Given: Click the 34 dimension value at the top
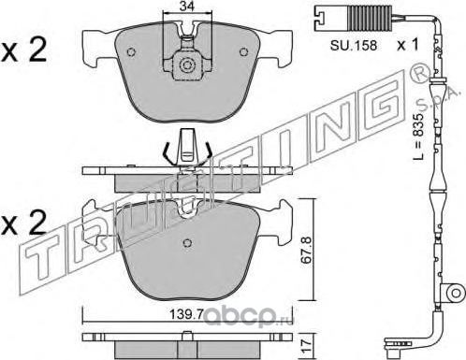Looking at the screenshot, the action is coord(187,6).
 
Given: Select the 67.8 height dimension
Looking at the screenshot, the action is coord(307,251).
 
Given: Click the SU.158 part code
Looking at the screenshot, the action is coord(354,46).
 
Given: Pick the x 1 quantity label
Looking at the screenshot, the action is coord(407,45).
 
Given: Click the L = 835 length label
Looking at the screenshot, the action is coord(419,137).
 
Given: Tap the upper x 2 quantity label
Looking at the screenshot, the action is coord(23,50).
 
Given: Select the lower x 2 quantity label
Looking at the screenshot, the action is coord(23,223).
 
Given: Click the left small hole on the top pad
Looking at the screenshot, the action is coord(132,51).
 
